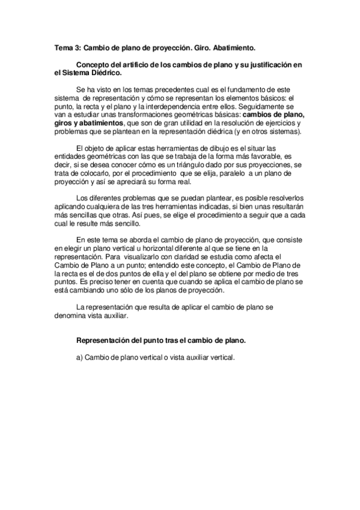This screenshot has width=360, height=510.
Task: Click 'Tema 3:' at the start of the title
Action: [67, 46]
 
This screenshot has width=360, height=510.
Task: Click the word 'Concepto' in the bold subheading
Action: [94, 64]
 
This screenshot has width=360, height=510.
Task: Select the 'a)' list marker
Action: [79, 357]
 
